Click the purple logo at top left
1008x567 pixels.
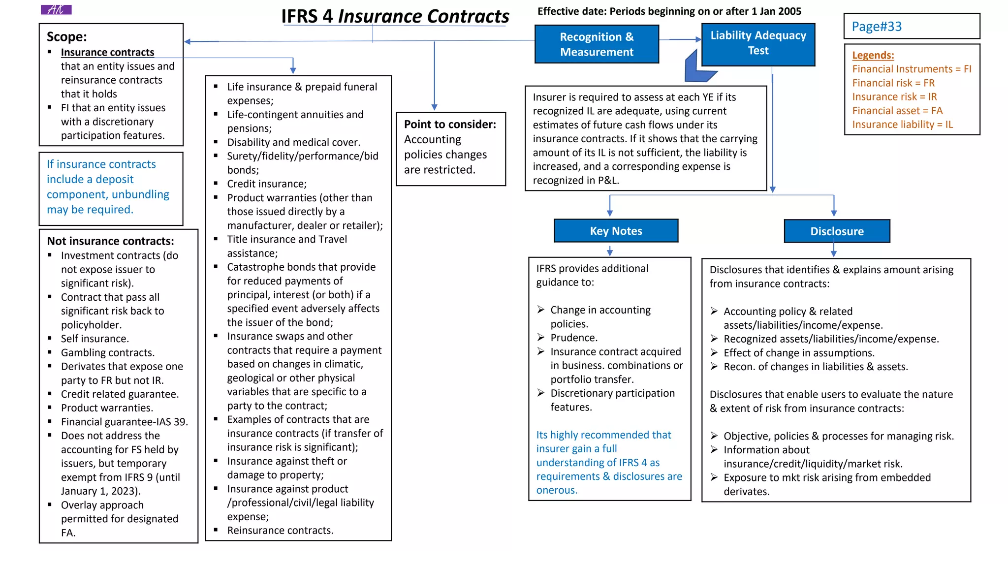(56, 10)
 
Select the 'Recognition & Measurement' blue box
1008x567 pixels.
(597, 44)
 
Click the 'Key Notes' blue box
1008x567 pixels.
(616, 231)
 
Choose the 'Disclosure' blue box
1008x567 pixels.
(837, 231)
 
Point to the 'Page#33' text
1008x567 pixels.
(877, 27)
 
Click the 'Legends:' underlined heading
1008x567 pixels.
(873, 55)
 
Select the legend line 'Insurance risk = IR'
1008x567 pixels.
(894, 97)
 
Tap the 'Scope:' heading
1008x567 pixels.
(67, 37)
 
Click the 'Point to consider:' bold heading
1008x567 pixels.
(450, 125)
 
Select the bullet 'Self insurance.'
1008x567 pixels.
(94, 339)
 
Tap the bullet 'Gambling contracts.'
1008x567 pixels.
(107, 352)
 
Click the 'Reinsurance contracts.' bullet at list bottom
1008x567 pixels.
(280, 531)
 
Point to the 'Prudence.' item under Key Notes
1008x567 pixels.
(574, 338)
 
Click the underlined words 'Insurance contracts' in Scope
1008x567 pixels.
(107, 52)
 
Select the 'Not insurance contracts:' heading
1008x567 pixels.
(110, 241)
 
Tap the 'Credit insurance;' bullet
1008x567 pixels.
(266, 184)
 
